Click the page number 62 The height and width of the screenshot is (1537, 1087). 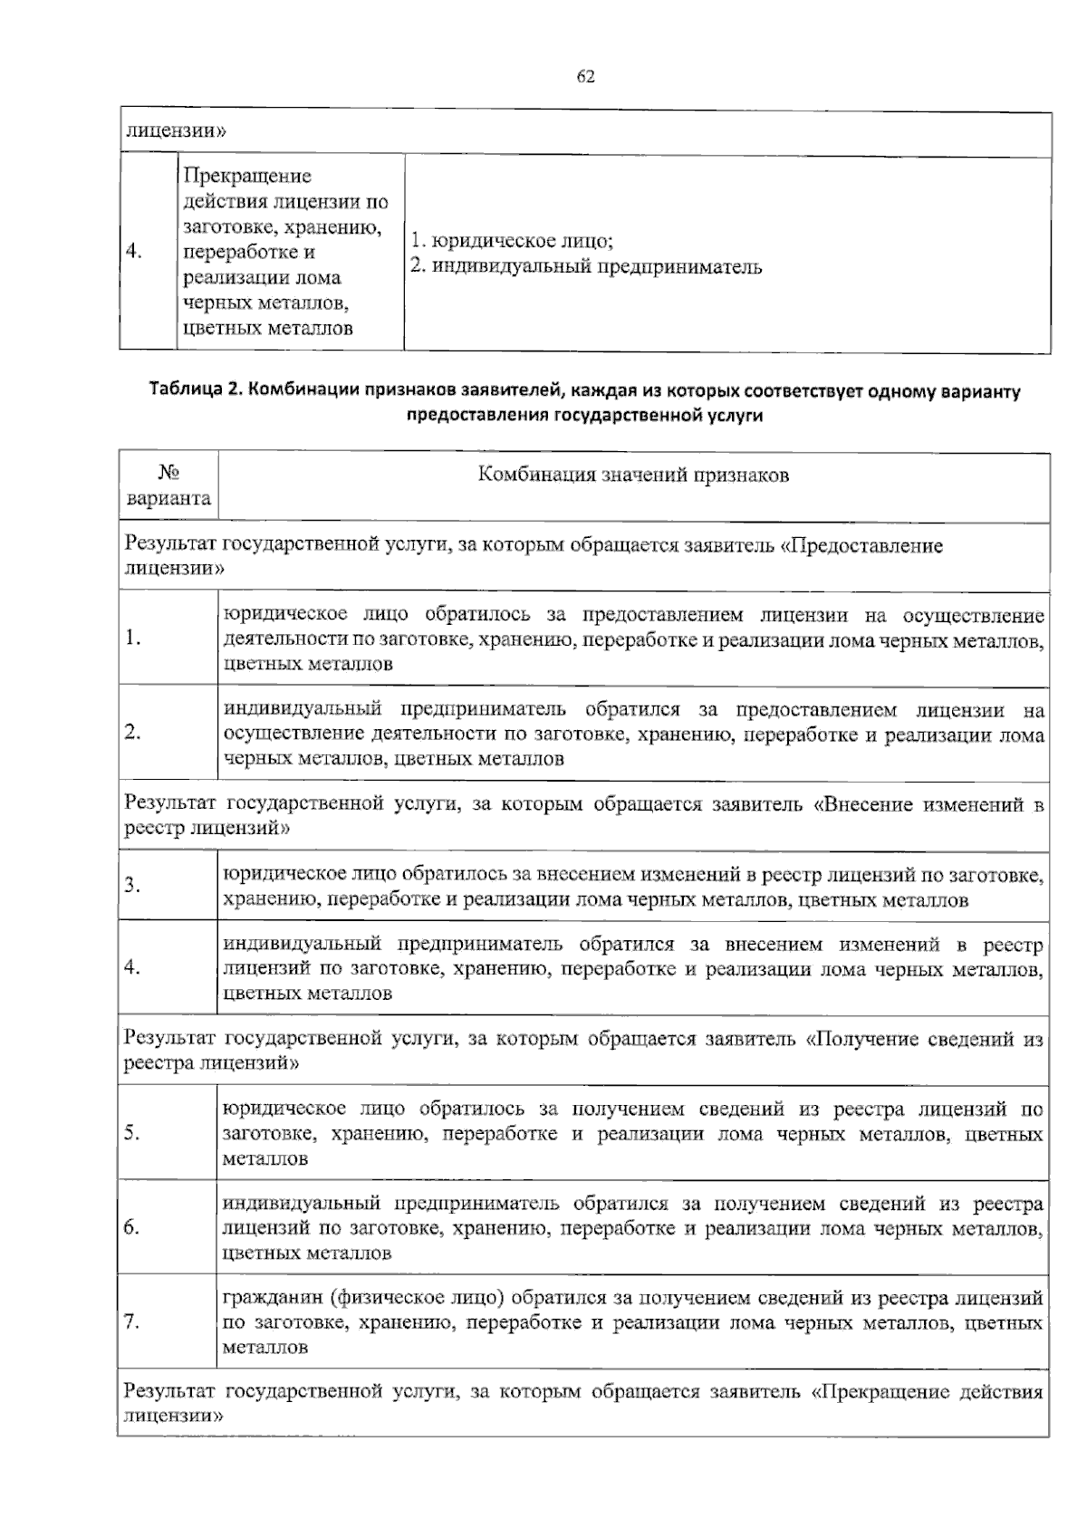[585, 77]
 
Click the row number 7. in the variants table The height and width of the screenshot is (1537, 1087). [131, 1322]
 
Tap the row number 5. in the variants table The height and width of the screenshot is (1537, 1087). [131, 1133]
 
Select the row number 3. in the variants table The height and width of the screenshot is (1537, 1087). [131, 886]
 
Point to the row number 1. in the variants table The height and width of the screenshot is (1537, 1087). [131, 639]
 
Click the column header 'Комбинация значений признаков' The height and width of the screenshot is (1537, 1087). [633, 475]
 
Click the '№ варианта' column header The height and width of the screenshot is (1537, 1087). [168, 485]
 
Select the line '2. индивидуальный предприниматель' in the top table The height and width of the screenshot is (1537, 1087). [586, 267]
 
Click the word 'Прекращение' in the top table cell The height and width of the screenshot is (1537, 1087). [246, 176]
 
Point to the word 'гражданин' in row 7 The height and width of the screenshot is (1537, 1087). [274, 1298]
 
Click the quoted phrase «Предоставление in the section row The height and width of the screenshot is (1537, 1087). [861, 546]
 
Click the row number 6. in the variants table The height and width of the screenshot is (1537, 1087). [131, 1228]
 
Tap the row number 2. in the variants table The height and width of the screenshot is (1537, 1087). [131, 733]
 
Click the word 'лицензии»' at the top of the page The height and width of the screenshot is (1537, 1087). [175, 130]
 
